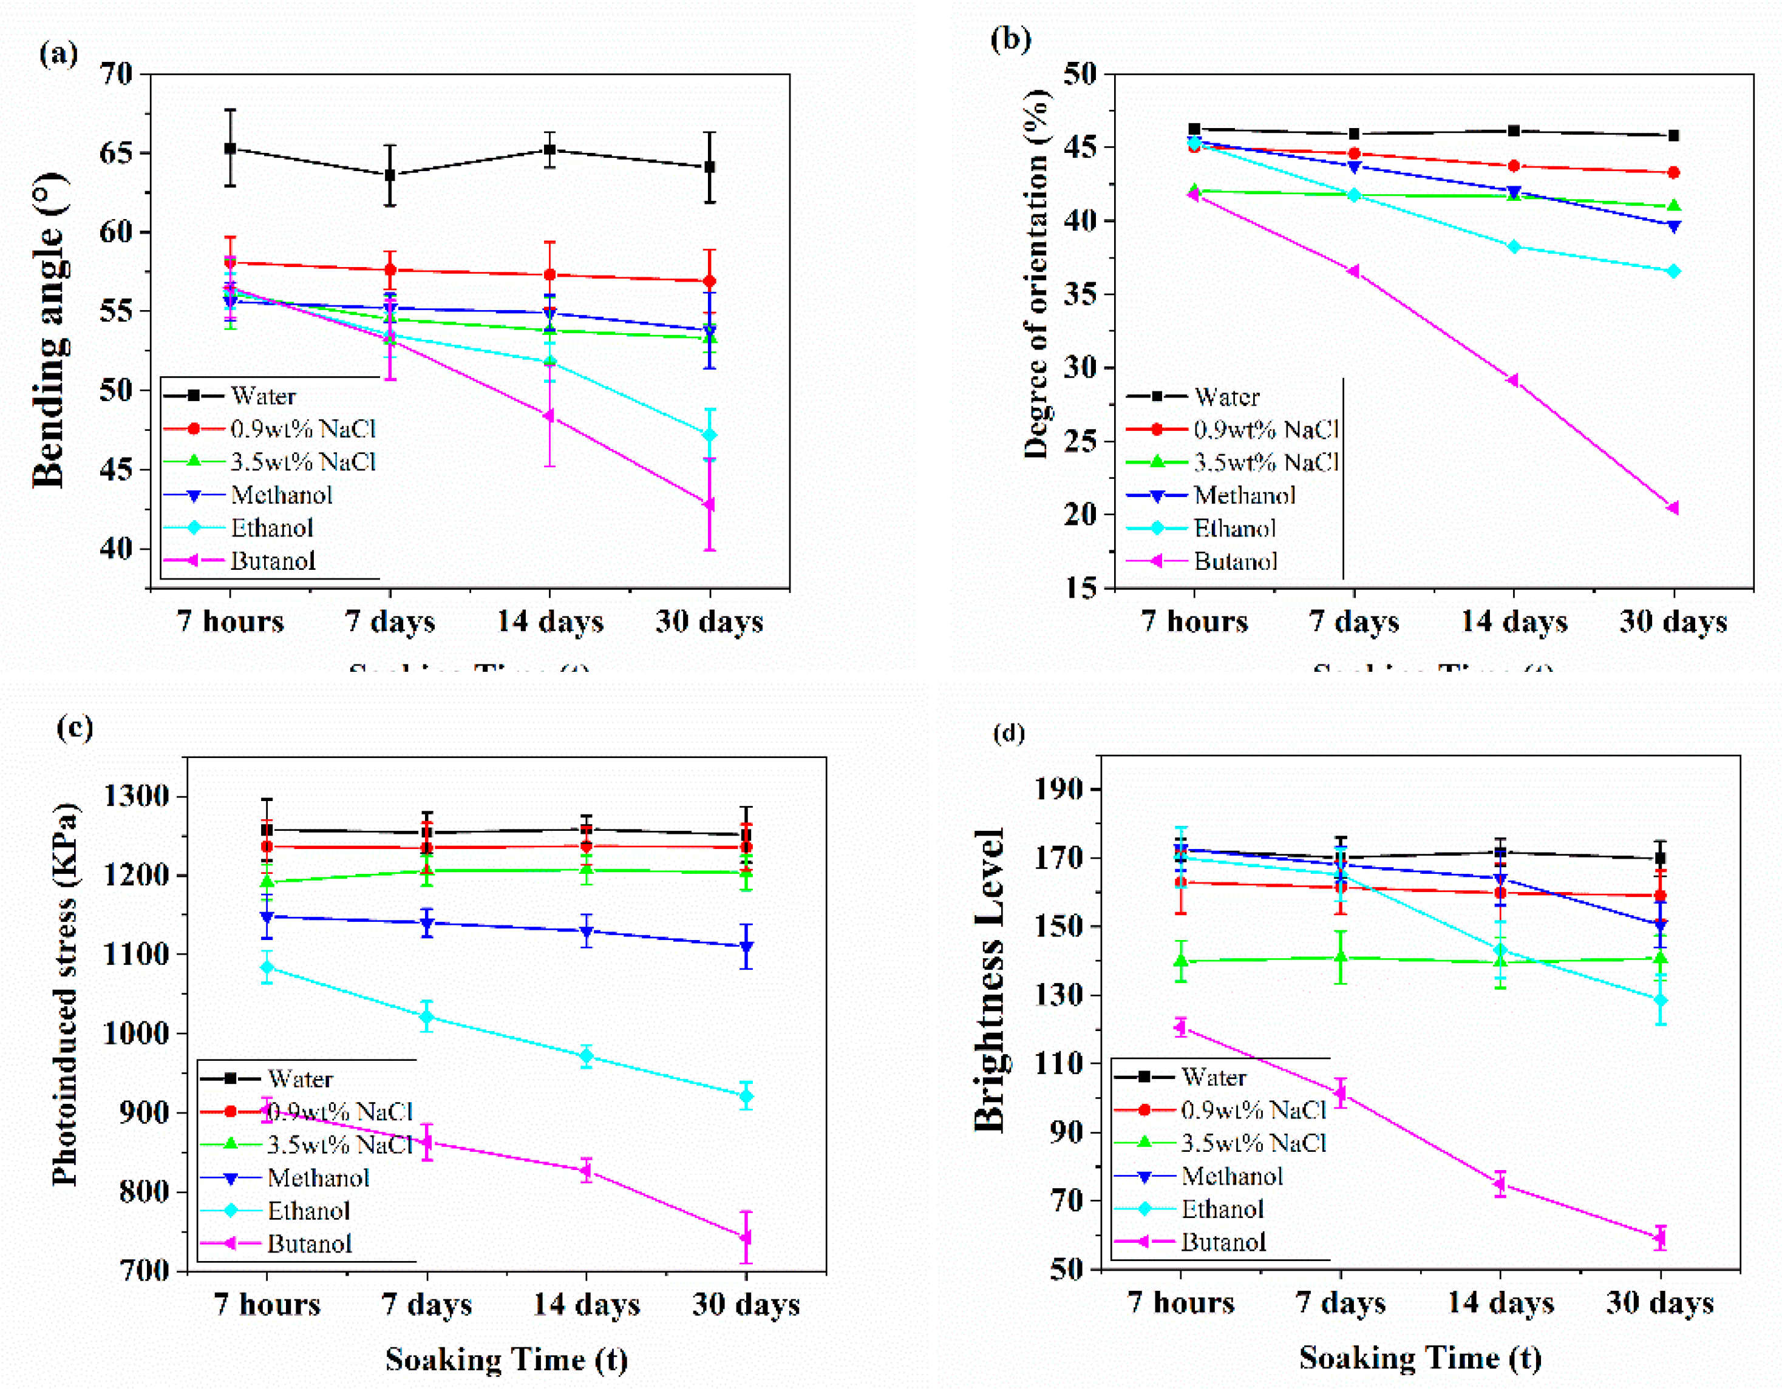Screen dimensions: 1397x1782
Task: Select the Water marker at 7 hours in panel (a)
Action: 230,148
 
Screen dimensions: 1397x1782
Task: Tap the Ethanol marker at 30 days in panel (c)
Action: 746,1096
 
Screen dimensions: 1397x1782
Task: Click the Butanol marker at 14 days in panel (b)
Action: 1513,381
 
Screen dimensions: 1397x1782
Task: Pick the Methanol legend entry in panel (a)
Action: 281,495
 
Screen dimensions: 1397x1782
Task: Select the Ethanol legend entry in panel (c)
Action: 308,1211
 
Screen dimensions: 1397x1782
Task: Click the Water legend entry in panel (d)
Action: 1213,1077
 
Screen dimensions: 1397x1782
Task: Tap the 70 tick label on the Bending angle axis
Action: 116,75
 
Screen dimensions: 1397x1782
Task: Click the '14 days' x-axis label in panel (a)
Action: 550,621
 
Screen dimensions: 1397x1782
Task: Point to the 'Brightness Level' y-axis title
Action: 989,981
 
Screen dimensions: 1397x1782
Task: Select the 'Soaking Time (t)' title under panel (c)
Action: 506,1359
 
